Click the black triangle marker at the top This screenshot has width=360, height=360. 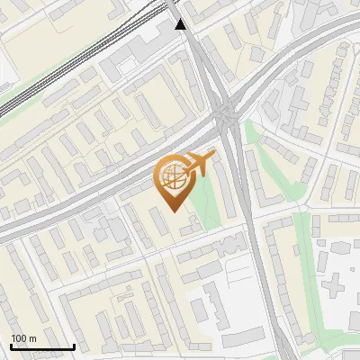click(181, 24)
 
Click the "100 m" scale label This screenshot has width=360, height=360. click(23, 338)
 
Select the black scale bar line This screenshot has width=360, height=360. click(42, 346)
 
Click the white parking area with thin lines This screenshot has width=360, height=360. click(243, 270)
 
